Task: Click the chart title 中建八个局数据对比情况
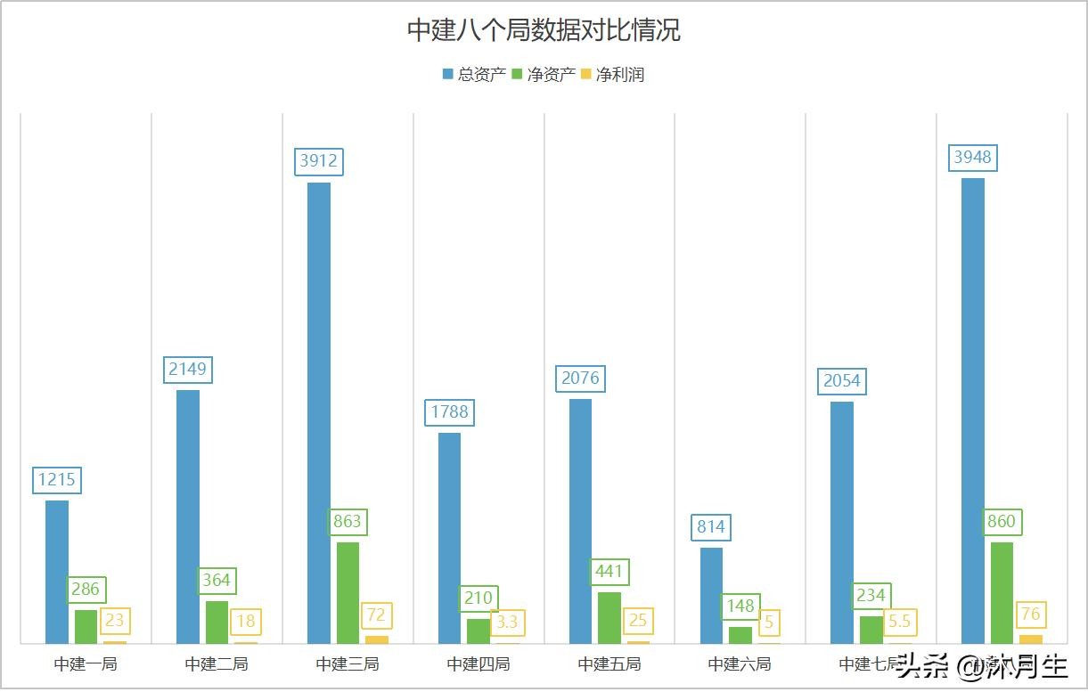(544, 30)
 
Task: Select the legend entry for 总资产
(474, 75)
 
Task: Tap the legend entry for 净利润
(612, 75)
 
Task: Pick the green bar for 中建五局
(609, 617)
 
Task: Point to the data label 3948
(972, 159)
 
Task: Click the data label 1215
(57, 481)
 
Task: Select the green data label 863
(347, 522)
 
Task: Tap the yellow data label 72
(376, 615)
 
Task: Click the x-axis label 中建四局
(479, 664)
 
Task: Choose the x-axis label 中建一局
(86, 664)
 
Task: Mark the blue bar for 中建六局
(711, 595)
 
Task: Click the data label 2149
(188, 369)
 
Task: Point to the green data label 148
(740, 606)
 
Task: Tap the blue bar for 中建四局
(450, 538)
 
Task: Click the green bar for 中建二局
(217, 622)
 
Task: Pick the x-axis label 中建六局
(740, 664)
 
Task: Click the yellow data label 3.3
(506, 622)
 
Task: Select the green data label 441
(610, 572)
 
